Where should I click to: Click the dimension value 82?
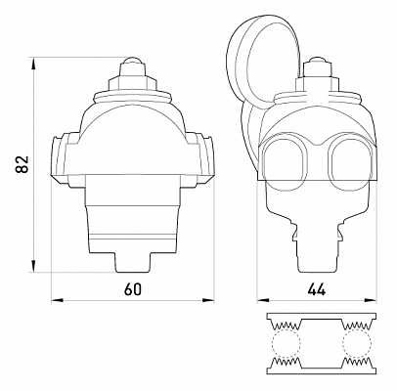click(22, 164)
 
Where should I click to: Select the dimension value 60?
click(133, 289)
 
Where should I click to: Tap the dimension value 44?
click(316, 289)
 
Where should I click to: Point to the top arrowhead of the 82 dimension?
click(33, 64)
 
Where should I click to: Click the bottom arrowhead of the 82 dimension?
click(33, 266)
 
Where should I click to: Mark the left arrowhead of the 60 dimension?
click(58, 300)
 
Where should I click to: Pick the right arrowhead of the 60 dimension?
click(208, 300)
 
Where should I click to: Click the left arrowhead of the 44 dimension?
click(263, 300)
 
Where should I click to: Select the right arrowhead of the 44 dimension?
click(371, 300)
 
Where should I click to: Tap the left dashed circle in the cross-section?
click(286, 344)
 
